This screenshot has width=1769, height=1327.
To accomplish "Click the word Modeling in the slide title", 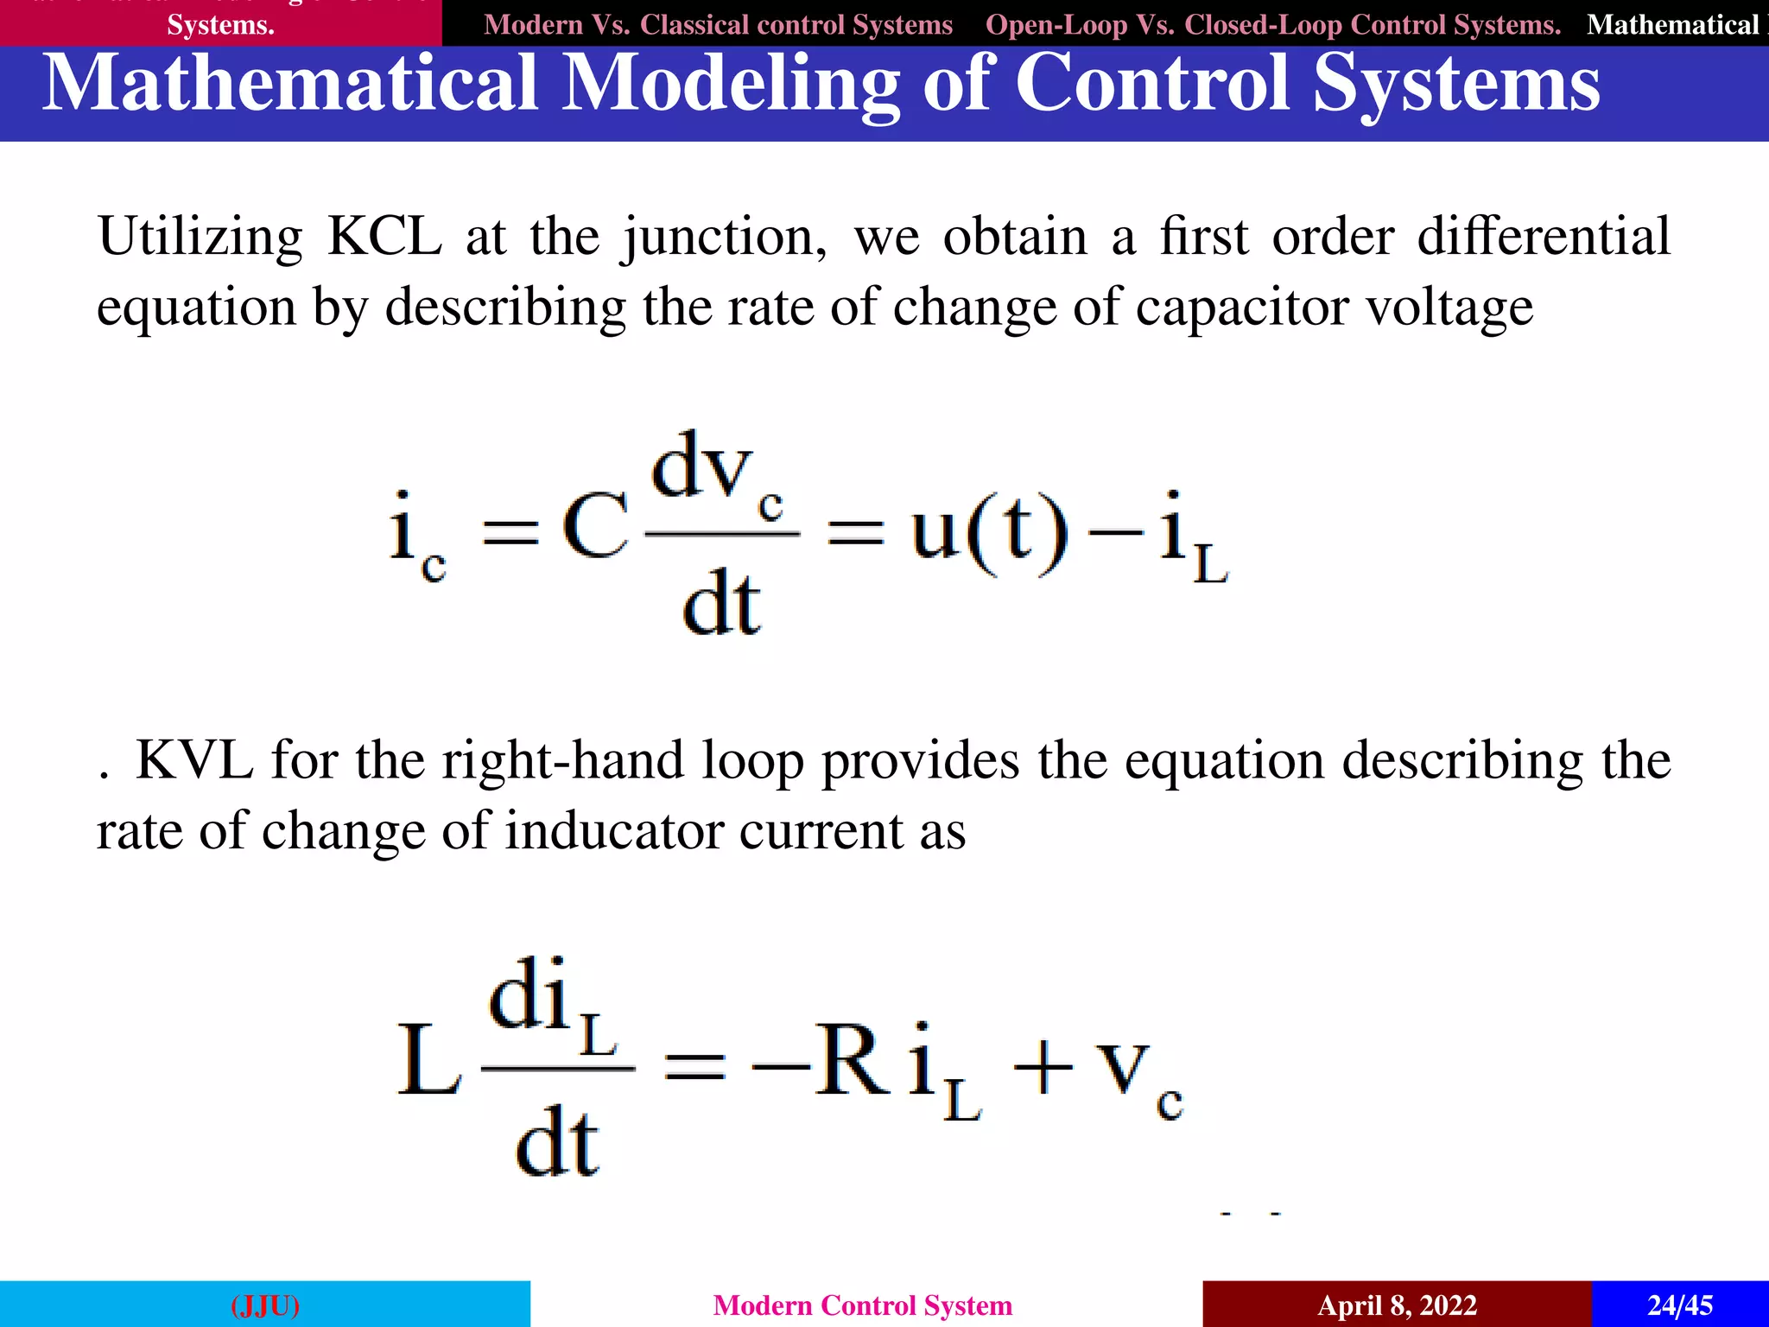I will pyautogui.click(x=731, y=84).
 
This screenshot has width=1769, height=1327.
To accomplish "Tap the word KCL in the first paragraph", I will pyautogui.click(x=384, y=236).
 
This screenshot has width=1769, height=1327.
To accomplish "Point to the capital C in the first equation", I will pyautogui.click(x=595, y=528).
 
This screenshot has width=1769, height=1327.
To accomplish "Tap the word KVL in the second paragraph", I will pyautogui.click(x=194, y=760).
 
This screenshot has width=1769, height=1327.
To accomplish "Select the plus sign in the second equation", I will pyautogui.click(x=1043, y=1070).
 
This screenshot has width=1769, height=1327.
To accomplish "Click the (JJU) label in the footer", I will pyautogui.click(x=265, y=1305).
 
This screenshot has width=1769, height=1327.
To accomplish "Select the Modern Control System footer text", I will pyautogui.click(x=862, y=1305).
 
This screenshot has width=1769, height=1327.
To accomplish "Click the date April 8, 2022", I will pyautogui.click(x=1397, y=1305).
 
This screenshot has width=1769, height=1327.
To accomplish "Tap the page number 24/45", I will pyautogui.click(x=1679, y=1305).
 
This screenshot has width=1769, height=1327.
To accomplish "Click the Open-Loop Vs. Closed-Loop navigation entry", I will pyautogui.click(x=1273, y=25).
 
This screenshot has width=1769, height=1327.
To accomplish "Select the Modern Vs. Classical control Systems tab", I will pyautogui.click(x=718, y=25).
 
